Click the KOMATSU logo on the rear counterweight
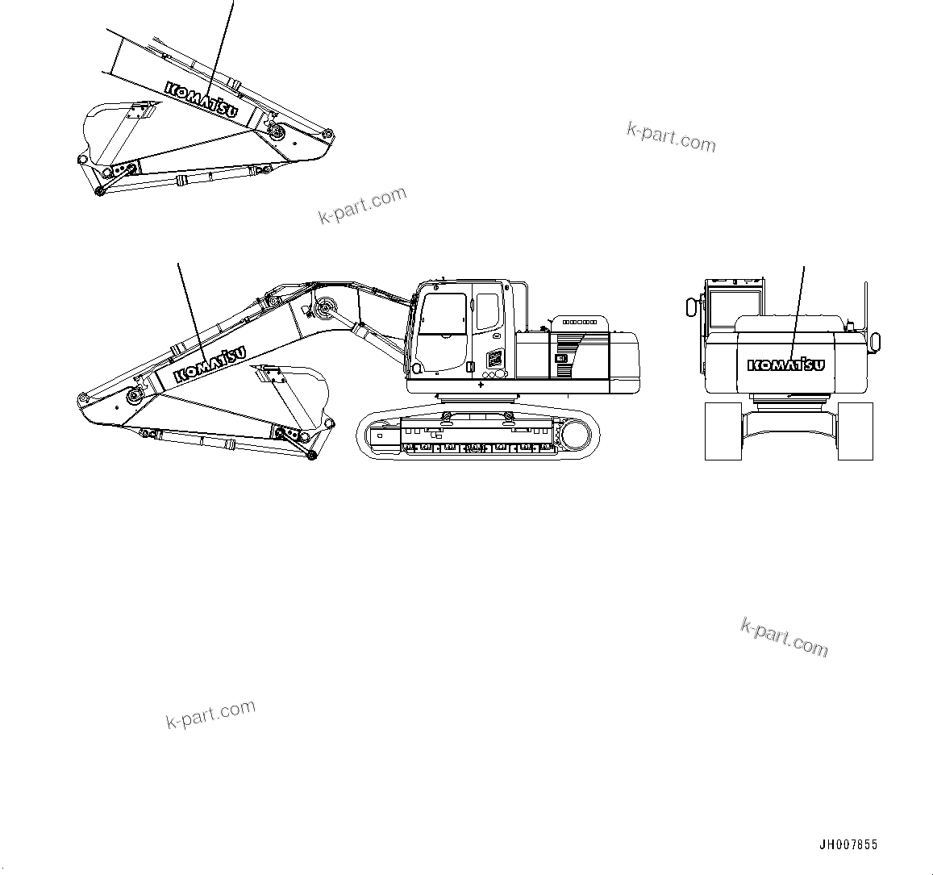[x=786, y=365]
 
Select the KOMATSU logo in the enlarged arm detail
[x=202, y=99]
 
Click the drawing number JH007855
[x=848, y=845]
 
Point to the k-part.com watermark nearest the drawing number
[x=784, y=637]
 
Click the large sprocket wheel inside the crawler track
[x=576, y=435]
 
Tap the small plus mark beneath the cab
[x=481, y=385]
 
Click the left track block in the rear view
[x=723, y=431]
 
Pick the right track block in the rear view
[x=855, y=431]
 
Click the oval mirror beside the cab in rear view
[x=690, y=307]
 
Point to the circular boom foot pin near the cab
[x=326, y=307]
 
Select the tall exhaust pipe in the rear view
[x=866, y=306]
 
